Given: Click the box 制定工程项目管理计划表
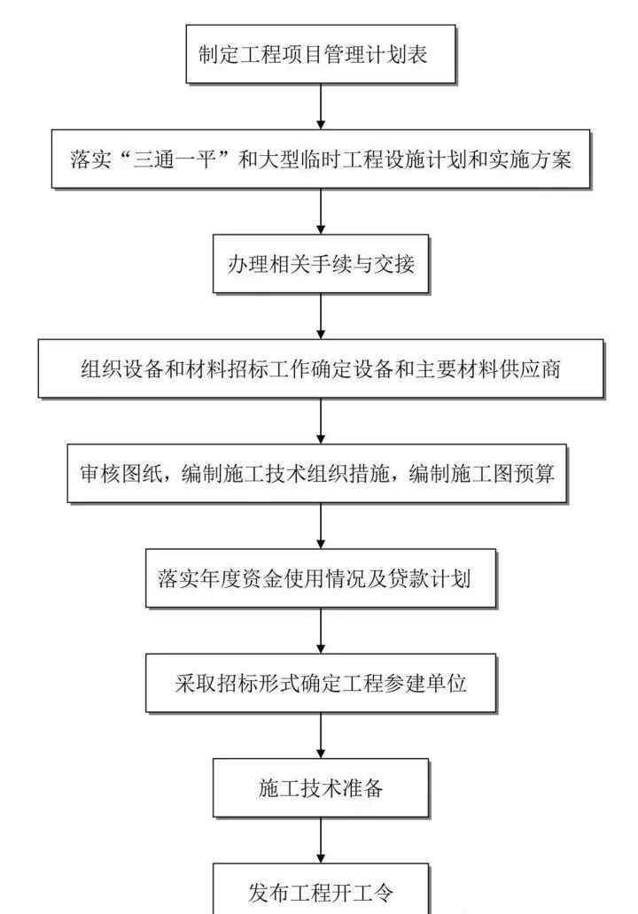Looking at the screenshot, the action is tap(320, 54).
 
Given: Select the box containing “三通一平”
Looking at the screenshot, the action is tap(321, 159).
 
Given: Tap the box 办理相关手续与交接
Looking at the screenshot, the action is tap(321, 264).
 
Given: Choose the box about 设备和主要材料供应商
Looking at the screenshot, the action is tap(321, 369).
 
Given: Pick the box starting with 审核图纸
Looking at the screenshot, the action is tap(316, 473).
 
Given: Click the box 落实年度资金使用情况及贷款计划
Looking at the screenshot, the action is tap(321, 578).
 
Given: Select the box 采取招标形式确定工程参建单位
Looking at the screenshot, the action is tap(321, 683).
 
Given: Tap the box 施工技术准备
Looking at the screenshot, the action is tap(321, 788).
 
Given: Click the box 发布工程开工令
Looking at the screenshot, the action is tap(321, 889).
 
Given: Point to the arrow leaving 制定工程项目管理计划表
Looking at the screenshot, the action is tap(321, 106).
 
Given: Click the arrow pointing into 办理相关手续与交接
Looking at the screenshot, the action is tap(321, 212).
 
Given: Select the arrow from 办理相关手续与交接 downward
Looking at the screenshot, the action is tap(321, 316).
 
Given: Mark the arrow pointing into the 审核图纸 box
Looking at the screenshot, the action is tap(321, 422).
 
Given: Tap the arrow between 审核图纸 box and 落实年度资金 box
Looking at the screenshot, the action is tap(321, 526).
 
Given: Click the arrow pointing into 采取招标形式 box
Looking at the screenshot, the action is tap(321, 631).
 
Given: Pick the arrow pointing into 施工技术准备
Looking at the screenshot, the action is tap(321, 736).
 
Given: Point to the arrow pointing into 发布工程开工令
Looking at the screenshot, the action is tap(321, 840).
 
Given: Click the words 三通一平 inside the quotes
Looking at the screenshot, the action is tap(175, 159).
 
